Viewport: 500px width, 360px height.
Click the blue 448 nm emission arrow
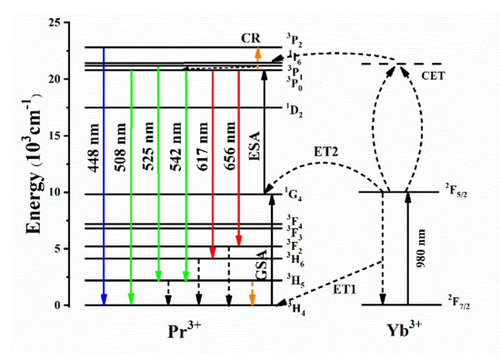(105, 182)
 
